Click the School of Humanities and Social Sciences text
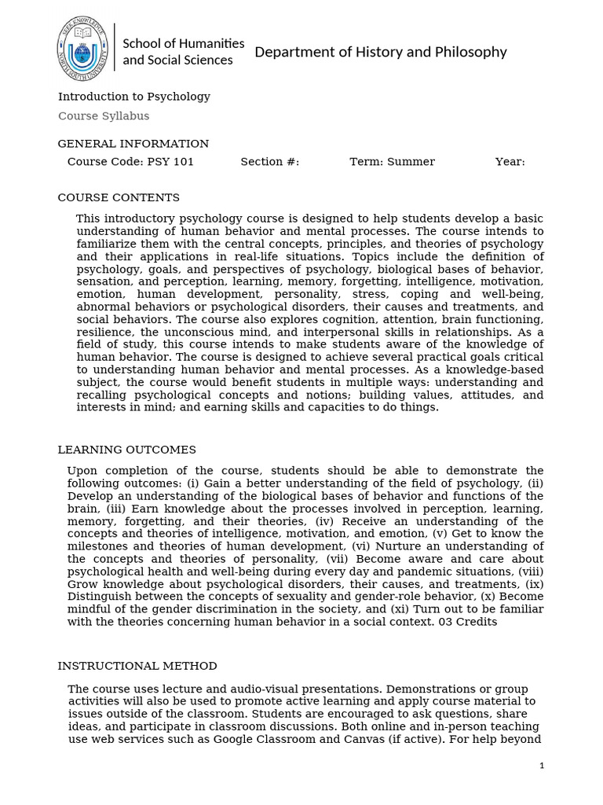[183, 52]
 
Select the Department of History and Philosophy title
[381, 52]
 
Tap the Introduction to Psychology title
[134, 97]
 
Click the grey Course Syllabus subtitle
[104, 116]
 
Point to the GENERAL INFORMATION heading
[133, 144]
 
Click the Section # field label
[270, 162]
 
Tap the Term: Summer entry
[392, 162]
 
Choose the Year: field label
[510, 162]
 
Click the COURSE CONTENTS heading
[119, 198]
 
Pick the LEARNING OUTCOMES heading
[127, 450]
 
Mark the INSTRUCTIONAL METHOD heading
[137, 666]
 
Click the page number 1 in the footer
[542, 766]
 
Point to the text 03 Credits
[468, 622]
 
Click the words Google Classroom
[290, 739]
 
